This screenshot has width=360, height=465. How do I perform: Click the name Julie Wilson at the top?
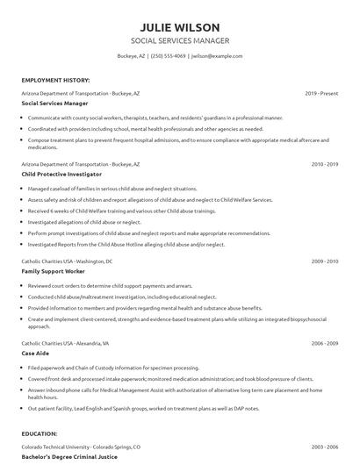[180, 26]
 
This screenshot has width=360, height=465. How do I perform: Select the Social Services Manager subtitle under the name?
[180, 41]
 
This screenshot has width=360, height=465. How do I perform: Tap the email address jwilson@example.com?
[217, 56]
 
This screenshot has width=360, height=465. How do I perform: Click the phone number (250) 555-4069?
[168, 56]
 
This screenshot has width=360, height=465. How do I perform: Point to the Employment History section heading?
[54, 79]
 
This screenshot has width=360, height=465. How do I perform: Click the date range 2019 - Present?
[322, 92]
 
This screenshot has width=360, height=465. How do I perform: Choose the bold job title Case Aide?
[36, 354]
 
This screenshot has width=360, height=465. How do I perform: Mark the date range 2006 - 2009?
[325, 343]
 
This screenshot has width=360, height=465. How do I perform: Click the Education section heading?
[41, 433]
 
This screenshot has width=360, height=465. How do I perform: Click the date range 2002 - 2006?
[325, 446]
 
